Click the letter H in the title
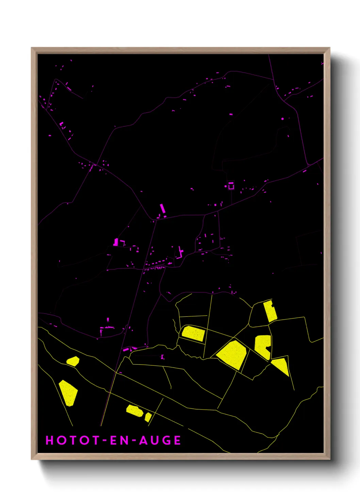coord(50,440)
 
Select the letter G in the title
coord(166,440)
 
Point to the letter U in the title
coord(155,440)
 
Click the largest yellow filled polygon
coord(232,354)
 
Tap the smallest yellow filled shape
coord(148,417)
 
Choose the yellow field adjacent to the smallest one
coord(134,410)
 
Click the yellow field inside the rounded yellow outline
coord(193,333)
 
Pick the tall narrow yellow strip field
coord(271,311)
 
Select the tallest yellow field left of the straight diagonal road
coord(68,393)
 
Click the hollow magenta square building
coord(231,186)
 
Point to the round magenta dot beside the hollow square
coord(226,187)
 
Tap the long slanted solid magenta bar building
coord(163,208)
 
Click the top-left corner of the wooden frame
coord(32,48)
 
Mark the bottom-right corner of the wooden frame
coord(329,459)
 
